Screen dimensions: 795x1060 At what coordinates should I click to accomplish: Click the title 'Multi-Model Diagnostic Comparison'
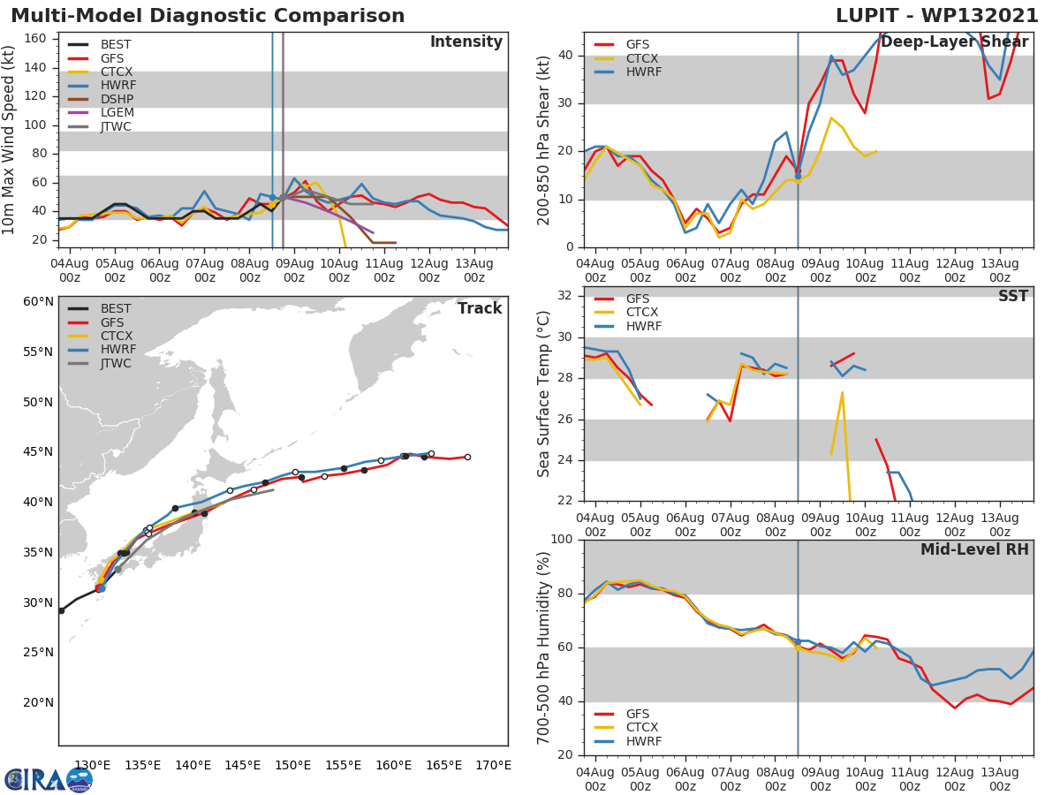(208, 16)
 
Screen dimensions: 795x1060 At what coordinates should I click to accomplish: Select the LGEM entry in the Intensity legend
(117, 112)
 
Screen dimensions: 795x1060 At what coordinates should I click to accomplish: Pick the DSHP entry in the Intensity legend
(117, 98)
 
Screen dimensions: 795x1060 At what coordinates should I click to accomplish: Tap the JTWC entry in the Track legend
(116, 363)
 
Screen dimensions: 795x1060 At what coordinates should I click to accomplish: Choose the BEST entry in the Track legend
(116, 308)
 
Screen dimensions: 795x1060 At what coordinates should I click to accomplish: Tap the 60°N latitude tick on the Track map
(38, 301)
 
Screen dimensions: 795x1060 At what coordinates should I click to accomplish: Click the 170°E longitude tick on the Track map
(492, 765)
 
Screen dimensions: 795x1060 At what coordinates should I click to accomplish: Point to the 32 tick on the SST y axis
(566, 296)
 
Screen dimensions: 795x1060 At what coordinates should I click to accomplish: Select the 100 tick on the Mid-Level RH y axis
(562, 540)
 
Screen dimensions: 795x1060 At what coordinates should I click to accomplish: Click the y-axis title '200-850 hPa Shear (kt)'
(544, 140)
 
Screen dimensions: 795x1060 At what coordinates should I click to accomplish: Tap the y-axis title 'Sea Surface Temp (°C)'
(544, 393)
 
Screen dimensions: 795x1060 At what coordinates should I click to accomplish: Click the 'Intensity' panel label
(466, 42)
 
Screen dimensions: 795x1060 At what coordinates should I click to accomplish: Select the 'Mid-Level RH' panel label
(974, 549)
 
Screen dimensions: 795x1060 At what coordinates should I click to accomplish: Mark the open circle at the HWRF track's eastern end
(431, 453)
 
